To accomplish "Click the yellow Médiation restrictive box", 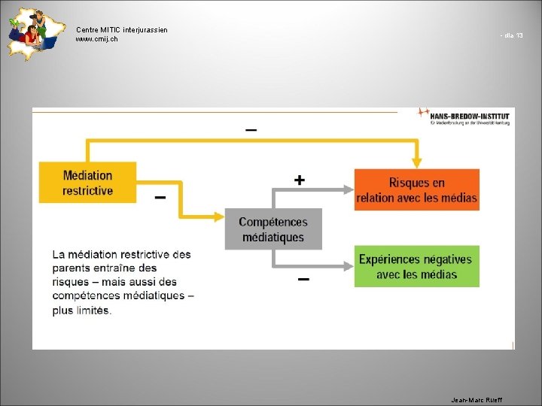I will [x=87, y=183].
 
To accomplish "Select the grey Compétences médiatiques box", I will [x=273, y=229].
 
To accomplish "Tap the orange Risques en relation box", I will [x=416, y=190].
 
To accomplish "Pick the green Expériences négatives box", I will [x=416, y=266].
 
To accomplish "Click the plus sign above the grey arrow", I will [x=300, y=180].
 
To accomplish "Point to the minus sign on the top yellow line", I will [x=251, y=130].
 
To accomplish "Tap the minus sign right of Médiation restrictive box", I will [x=160, y=198].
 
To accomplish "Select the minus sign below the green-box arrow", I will [x=303, y=280].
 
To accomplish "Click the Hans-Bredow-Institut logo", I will [x=464, y=117].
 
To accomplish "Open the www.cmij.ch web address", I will [x=96, y=39].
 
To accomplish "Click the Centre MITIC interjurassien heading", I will [x=121, y=29].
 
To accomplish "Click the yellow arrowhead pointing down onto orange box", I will [x=416, y=162].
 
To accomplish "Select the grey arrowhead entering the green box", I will [x=348, y=266].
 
